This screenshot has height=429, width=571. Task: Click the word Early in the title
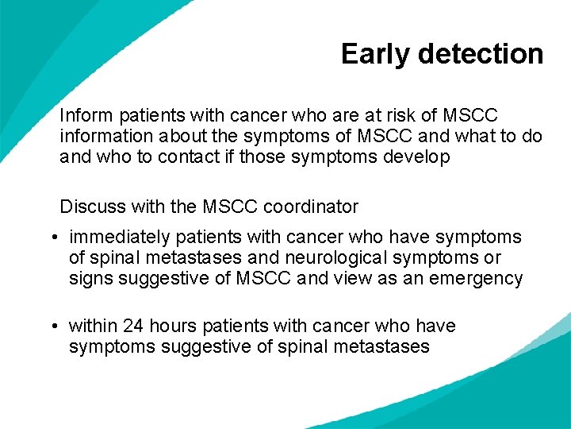point(376,55)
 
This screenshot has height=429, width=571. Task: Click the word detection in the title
point(481,54)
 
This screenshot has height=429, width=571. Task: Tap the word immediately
point(119,238)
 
